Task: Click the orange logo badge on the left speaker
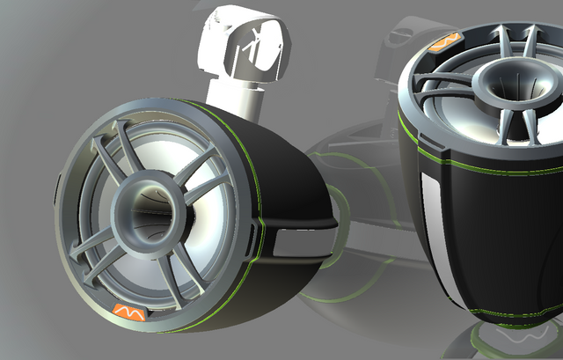128,310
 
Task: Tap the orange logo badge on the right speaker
447,40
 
